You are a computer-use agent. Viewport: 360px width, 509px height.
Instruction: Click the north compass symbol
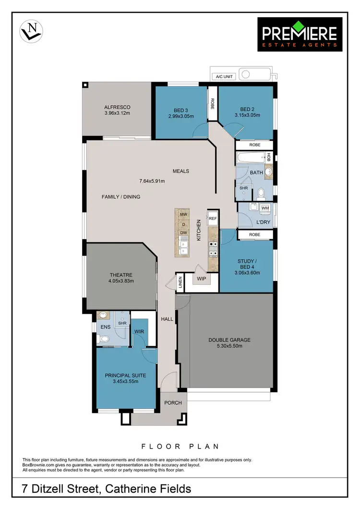[31, 32]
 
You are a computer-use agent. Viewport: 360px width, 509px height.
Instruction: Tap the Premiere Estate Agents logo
[300, 34]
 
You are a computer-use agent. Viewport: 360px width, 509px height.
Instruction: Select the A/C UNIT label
[224, 76]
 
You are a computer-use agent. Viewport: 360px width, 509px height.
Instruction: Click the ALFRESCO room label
[117, 107]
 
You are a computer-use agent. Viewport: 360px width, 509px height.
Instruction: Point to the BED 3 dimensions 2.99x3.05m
[180, 116]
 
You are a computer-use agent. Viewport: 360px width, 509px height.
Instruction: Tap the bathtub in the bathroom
[251, 157]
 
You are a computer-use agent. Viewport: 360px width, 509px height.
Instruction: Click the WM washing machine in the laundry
[265, 208]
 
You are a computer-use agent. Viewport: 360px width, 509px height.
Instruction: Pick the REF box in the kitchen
[213, 218]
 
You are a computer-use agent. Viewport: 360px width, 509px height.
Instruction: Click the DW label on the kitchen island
[183, 233]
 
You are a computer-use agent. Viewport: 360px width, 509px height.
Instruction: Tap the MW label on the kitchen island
[183, 215]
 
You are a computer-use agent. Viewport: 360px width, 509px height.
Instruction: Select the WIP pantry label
[201, 278]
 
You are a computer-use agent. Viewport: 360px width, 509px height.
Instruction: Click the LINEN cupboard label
[180, 283]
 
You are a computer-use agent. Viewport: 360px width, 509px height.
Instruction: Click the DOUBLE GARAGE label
[229, 340]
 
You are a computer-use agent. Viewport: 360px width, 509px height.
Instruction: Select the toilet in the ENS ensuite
[100, 339]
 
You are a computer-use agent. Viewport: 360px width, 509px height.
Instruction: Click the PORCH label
[173, 402]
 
